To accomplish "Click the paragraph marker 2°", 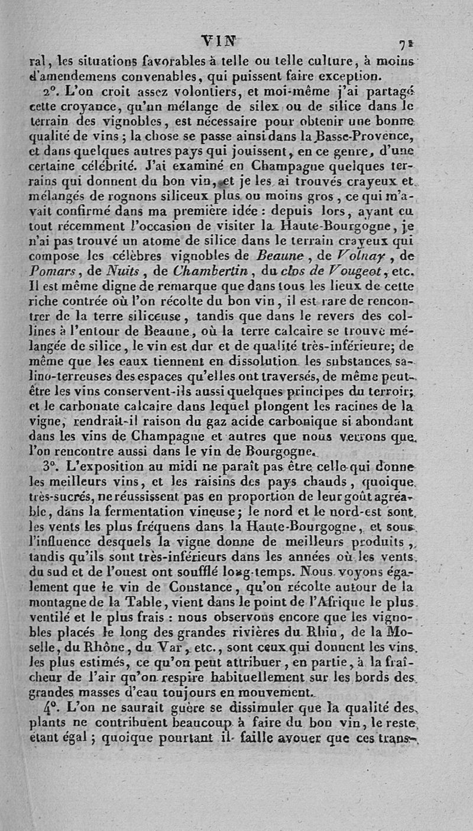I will click(x=53, y=95).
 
